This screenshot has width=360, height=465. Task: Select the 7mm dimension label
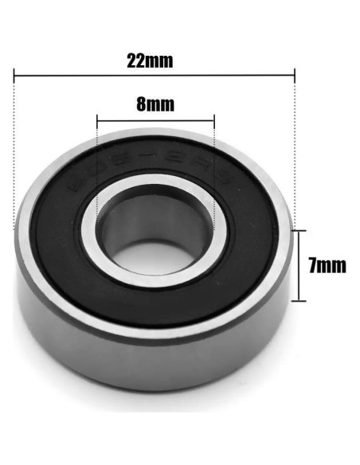327,265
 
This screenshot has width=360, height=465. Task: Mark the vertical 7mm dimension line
299,265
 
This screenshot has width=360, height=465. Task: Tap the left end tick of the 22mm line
15,76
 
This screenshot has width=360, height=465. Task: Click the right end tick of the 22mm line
295,76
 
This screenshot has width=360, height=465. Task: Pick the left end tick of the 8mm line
96,121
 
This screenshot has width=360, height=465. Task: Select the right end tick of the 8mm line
214,121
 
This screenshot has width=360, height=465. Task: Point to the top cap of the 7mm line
299,230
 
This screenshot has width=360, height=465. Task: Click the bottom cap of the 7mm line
299,300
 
